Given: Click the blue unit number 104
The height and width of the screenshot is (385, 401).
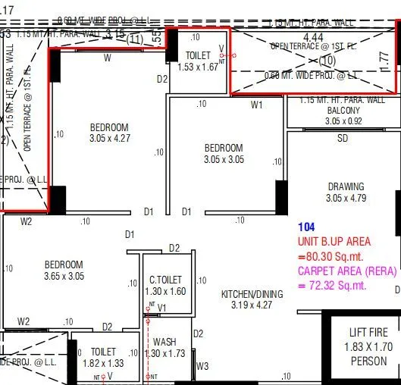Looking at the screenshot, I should pyautogui.click(x=306, y=227).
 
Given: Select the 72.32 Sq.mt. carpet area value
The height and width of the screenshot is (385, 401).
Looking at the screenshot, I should pyautogui.click(x=337, y=285).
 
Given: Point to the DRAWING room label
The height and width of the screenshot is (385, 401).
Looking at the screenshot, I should pyautogui.click(x=346, y=186).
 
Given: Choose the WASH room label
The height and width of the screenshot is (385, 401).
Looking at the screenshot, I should pyautogui.click(x=164, y=343).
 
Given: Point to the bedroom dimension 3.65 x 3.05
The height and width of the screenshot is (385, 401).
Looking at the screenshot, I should pyautogui.click(x=63, y=276).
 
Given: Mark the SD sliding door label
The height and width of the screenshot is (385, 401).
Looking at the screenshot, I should pyautogui.click(x=343, y=139).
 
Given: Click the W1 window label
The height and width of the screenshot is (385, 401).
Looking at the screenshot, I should pyautogui.click(x=256, y=104).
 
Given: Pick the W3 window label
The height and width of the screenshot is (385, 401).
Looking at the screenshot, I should pyautogui.click(x=202, y=366).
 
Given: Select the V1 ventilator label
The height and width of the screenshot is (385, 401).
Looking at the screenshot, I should pyautogui.click(x=161, y=308).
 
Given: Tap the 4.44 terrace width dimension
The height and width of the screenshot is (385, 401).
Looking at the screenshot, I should pyautogui.click(x=313, y=36).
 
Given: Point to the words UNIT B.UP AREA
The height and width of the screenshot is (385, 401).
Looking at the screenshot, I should pyautogui.click(x=334, y=241).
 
